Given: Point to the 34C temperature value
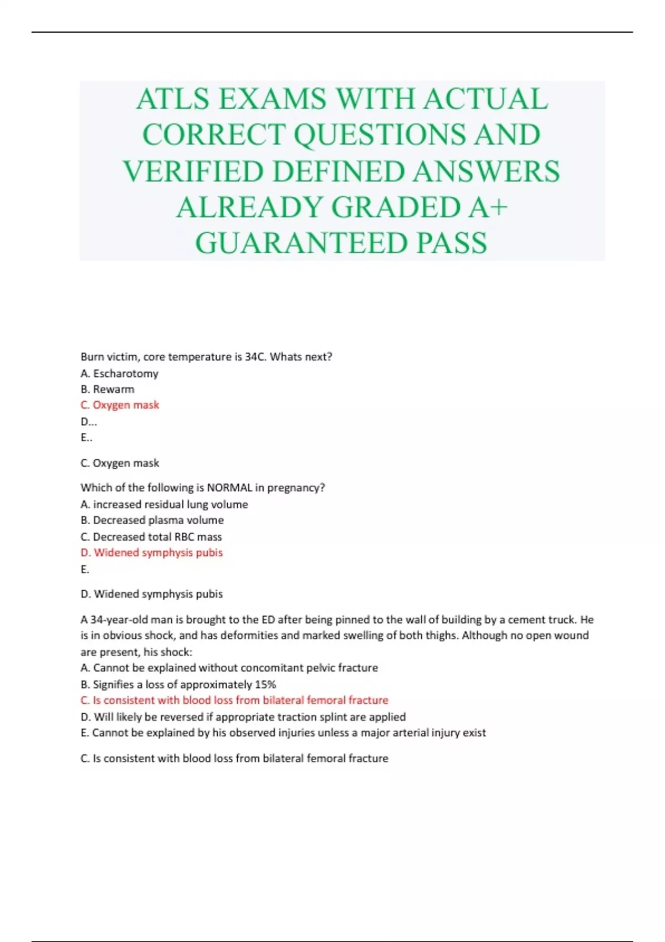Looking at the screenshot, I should coord(255,357).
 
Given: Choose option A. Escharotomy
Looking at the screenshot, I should coord(119,373).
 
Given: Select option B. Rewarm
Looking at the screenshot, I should coord(108,390).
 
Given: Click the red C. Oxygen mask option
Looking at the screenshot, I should coord(120,405).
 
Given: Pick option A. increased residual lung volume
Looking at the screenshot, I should coord(164,504).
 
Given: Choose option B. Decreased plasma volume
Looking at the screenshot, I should coord(152,520).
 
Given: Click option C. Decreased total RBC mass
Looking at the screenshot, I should coord(151,537).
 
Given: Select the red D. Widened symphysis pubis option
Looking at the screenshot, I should coord(152,552).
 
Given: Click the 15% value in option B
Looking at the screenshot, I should coord(265,684).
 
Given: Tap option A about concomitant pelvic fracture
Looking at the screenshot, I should coord(229,668).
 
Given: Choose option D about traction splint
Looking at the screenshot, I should coord(243,717).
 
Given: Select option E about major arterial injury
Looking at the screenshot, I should coord(283,733).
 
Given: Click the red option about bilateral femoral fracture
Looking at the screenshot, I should coord(234,700).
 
